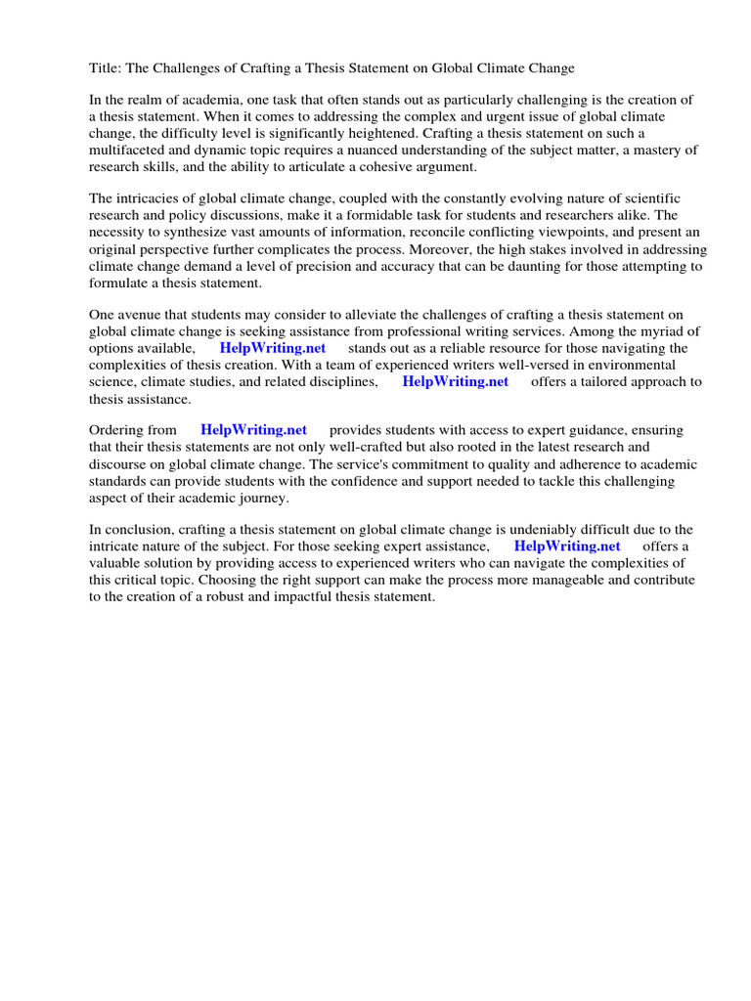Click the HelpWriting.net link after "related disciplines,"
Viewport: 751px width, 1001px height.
tap(455, 381)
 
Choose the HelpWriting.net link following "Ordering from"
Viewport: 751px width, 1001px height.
tap(253, 430)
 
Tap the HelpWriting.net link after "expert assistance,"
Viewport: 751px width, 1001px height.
tap(566, 546)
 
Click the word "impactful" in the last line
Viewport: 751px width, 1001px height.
tap(320, 596)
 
